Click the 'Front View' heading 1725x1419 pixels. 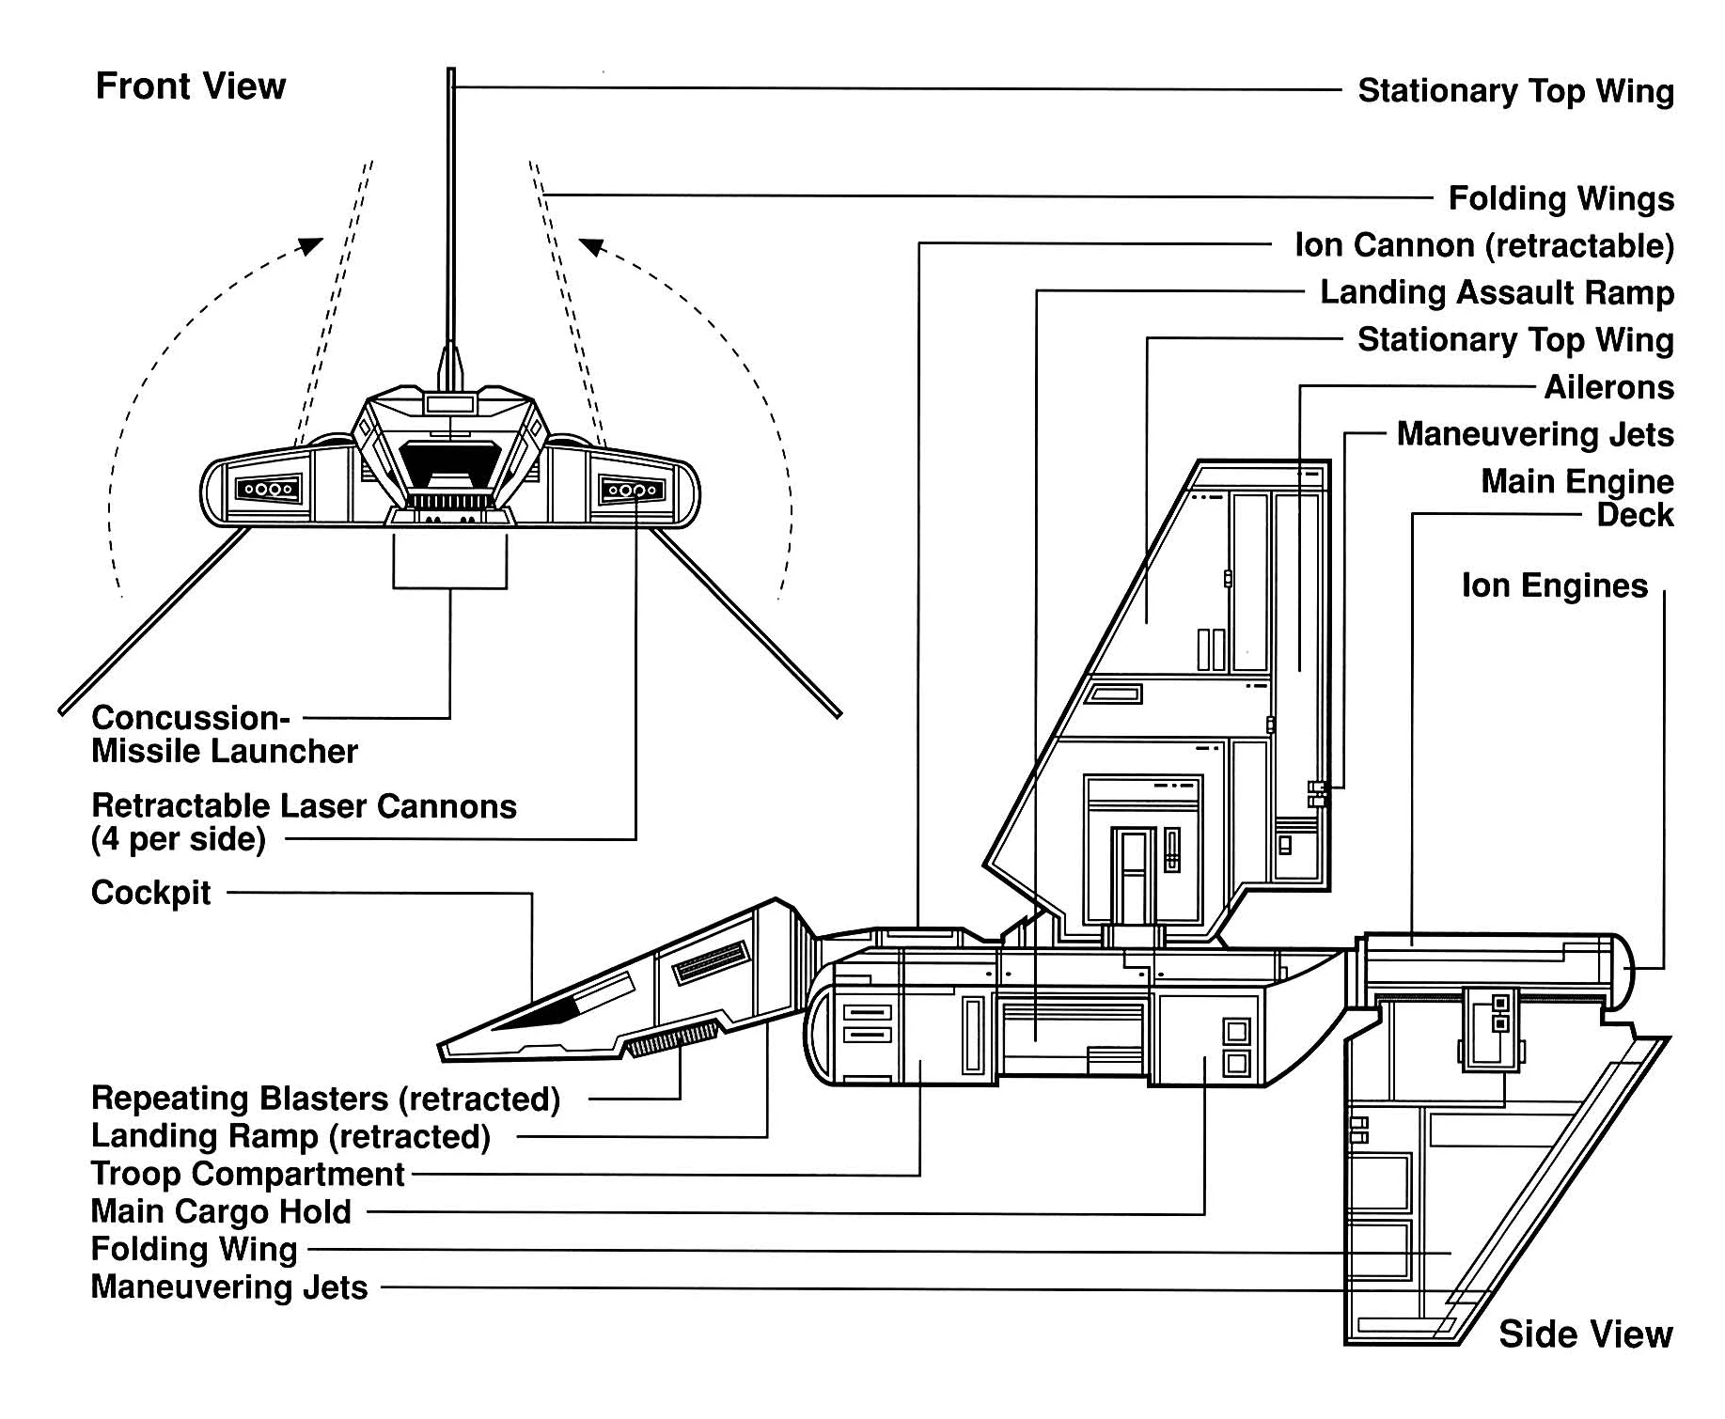pyautogui.click(x=191, y=86)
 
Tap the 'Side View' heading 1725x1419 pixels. pyautogui.click(x=1585, y=1334)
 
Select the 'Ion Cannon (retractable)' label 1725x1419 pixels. pyautogui.click(x=1483, y=245)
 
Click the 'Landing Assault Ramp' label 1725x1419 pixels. pyautogui.click(x=1497, y=292)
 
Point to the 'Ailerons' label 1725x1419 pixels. pyautogui.click(x=1608, y=387)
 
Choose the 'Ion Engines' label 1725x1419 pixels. pyautogui.click(x=1554, y=585)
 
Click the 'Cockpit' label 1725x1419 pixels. pyautogui.click(x=151, y=893)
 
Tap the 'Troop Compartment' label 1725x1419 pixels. pyautogui.click(x=247, y=1174)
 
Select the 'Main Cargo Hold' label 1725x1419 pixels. pyautogui.click(x=221, y=1211)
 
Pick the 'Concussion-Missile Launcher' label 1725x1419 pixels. pyautogui.click(x=224, y=735)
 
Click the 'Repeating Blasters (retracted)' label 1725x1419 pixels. pyautogui.click(x=325, y=1099)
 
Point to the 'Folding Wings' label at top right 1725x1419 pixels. pyautogui.click(x=1560, y=198)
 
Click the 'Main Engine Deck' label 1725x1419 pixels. pyautogui.click(x=1576, y=498)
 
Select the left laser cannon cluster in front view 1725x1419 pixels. pyautogui.click(x=269, y=490)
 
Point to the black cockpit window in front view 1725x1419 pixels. pyautogui.click(x=449, y=463)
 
